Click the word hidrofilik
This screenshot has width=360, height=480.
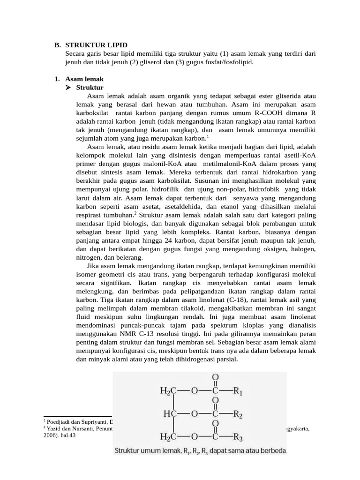click(166, 189)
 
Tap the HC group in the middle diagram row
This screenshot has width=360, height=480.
click(169, 414)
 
